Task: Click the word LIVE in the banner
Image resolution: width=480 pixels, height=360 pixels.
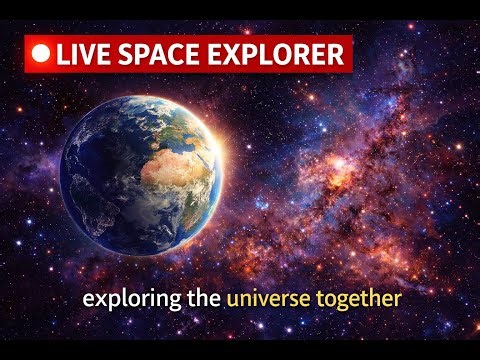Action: [84, 54]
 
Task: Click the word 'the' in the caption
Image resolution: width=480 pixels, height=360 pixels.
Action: [199, 298]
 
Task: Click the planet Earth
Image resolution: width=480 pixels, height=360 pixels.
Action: [140, 172]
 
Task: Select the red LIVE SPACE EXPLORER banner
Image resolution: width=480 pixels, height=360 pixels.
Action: [188, 54]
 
